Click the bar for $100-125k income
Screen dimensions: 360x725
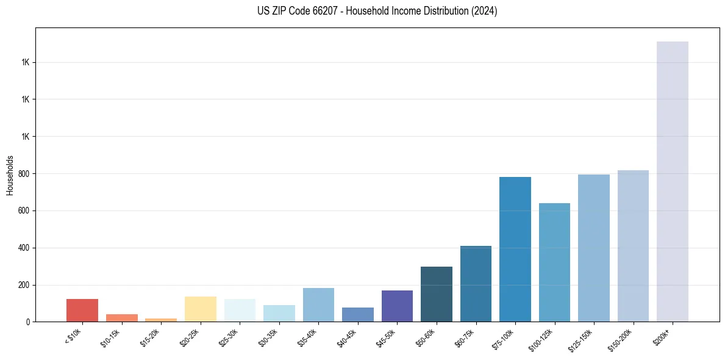point(554,262)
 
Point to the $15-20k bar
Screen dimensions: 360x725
point(160,320)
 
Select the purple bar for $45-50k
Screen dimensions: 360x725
point(397,306)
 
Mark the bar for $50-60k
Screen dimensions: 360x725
point(436,294)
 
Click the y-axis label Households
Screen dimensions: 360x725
point(10,175)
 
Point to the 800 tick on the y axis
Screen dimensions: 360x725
point(24,174)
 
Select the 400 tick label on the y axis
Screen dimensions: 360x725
point(24,248)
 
